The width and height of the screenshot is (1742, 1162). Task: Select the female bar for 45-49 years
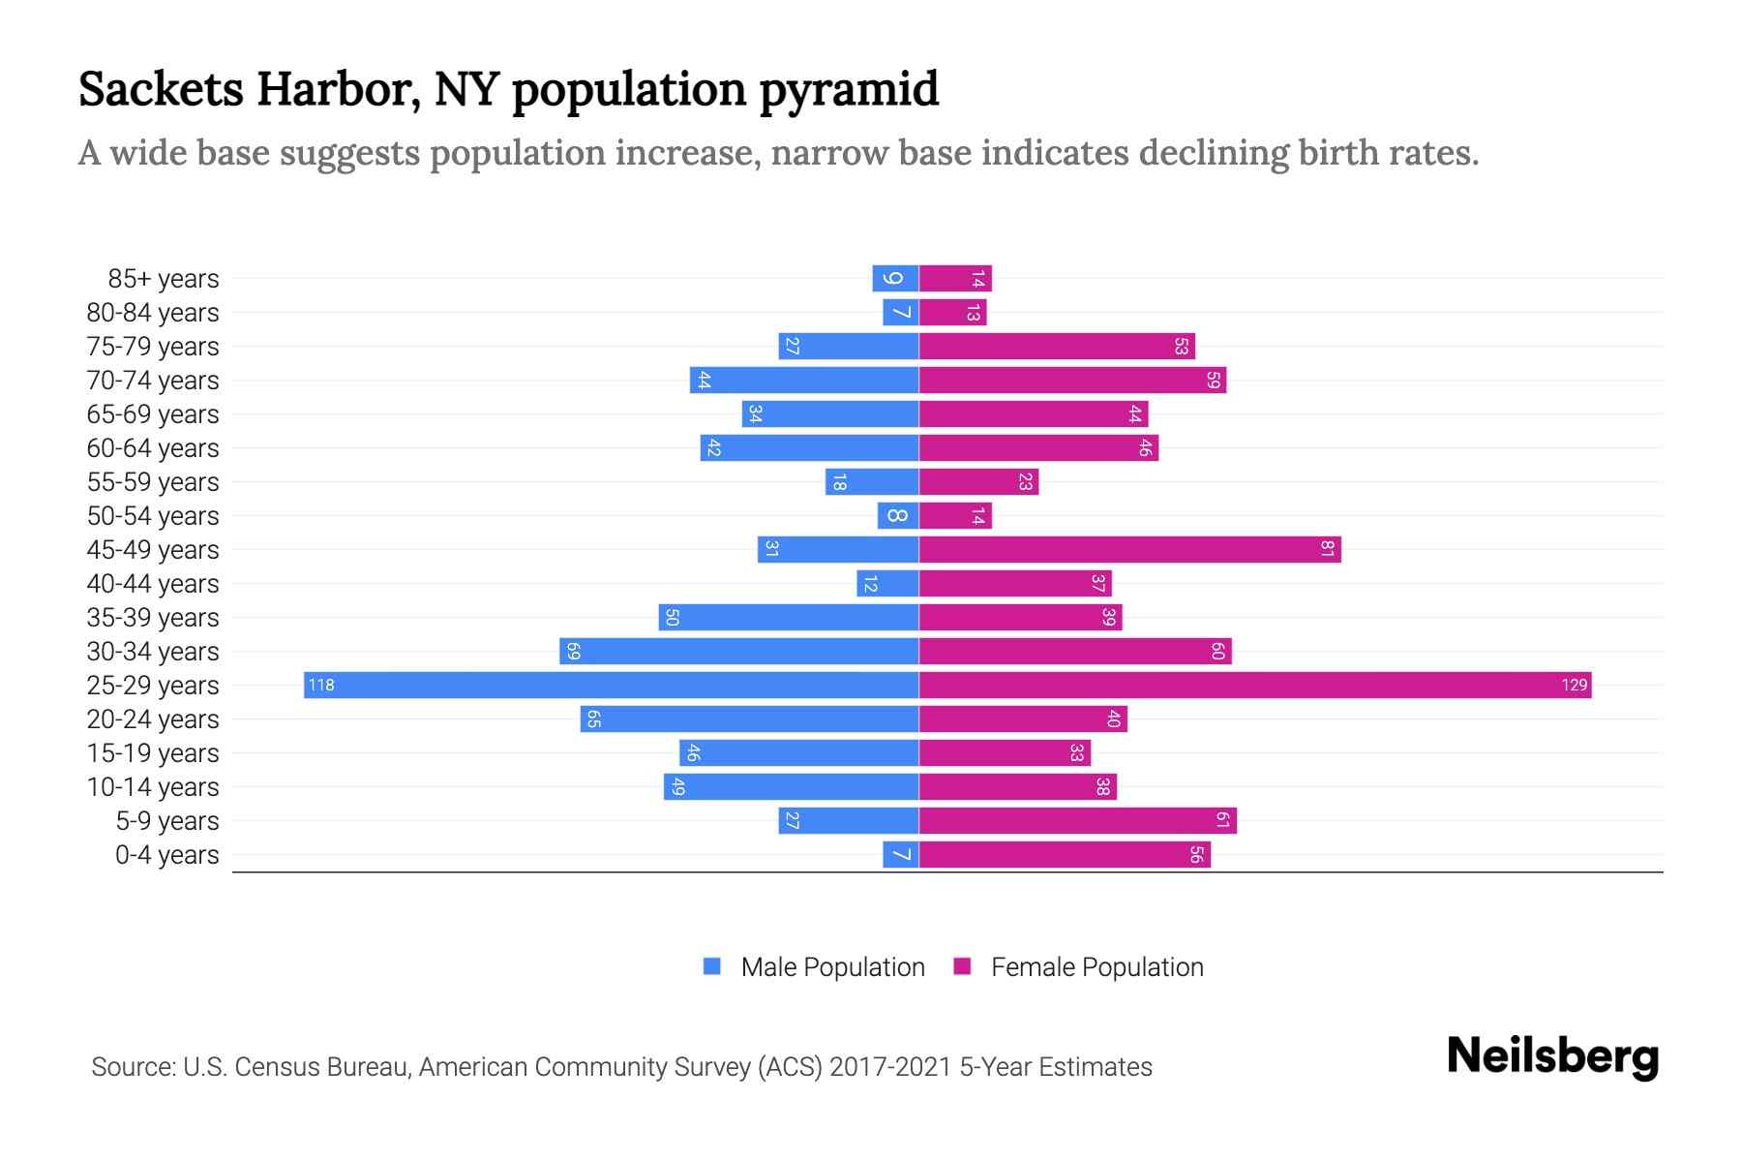click(1129, 550)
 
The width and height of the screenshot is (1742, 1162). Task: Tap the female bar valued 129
click(1254, 686)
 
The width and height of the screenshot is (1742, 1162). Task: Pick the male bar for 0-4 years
click(900, 855)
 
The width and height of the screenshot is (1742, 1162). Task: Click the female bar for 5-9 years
click(1077, 821)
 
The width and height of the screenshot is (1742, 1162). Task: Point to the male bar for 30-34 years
click(738, 652)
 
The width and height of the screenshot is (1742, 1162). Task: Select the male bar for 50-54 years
click(897, 516)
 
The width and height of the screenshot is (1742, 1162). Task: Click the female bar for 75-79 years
click(1057, 347)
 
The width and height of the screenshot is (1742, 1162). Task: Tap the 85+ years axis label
click(164, 279)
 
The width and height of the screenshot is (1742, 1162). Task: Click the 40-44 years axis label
click(153, 584)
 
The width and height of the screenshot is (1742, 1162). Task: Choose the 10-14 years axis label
click(153, 787)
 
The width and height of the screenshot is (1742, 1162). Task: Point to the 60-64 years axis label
click(153, 448)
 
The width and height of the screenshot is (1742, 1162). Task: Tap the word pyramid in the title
click(849, 90)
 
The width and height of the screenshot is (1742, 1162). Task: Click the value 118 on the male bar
click(320, 686)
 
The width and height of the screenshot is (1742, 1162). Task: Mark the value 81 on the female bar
click(1328, 550)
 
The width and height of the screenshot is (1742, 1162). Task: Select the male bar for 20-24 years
click(749, 719)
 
